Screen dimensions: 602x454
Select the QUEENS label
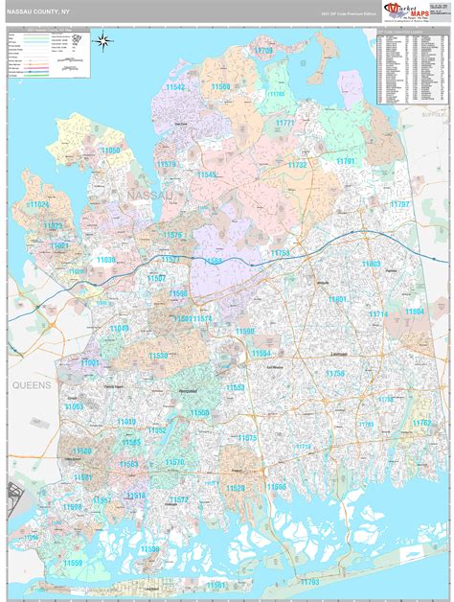tap(31, 383)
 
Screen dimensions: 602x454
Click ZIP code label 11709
tap(263, 50)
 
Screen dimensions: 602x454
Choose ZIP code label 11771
tap(285, 124)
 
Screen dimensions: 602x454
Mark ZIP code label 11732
tap(298, 165)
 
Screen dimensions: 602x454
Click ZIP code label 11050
tap(111, 150)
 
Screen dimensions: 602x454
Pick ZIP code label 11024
tap(38, 205)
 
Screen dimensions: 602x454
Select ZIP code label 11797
tap(399, 205)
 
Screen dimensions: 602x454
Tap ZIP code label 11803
tap(371, 264)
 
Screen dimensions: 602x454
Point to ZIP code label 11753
tap(280, 252)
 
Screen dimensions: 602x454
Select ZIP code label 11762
tap(422, 422)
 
